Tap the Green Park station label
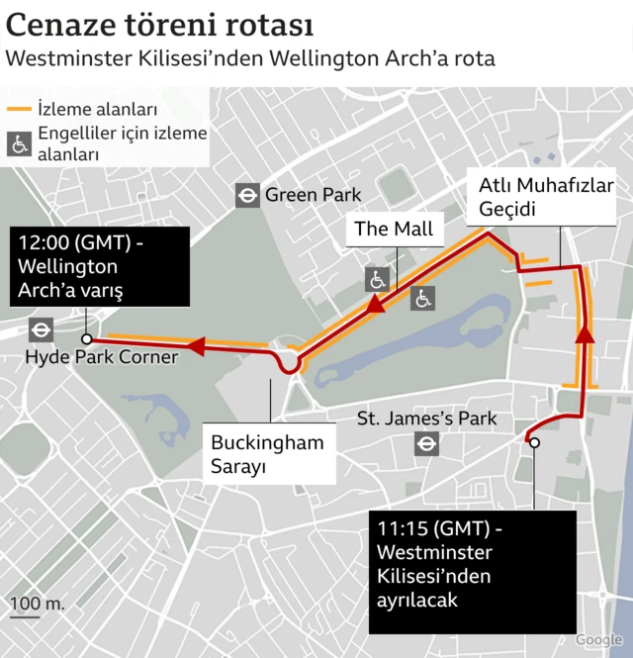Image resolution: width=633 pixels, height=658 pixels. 313,195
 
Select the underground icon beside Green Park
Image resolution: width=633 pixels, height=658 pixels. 246,195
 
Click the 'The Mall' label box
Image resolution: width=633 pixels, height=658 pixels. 394,230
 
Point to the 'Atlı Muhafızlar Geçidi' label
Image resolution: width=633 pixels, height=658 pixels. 547,198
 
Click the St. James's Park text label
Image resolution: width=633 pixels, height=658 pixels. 427,419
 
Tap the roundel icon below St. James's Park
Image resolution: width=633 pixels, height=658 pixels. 427,444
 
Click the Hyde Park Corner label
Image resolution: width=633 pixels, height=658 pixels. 102,356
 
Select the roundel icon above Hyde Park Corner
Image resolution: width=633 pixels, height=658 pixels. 42,330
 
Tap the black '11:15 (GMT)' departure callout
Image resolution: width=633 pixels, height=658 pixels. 472,571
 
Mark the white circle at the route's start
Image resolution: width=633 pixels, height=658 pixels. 534,443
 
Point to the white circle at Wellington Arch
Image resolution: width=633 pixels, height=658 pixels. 87,338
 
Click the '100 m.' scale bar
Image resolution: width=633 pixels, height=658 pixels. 37,608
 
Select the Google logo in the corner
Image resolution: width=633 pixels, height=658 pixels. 598,640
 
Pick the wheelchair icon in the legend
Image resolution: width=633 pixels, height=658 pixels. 19,144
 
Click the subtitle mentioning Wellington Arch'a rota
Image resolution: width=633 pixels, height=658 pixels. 250,58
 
